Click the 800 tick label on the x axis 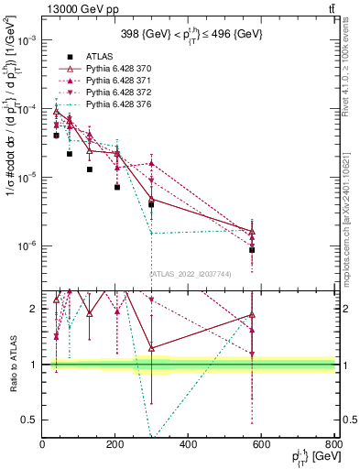click(x=334, y=446)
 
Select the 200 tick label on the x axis click(x=115, y=446)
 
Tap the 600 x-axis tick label click(x=261, y=446)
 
